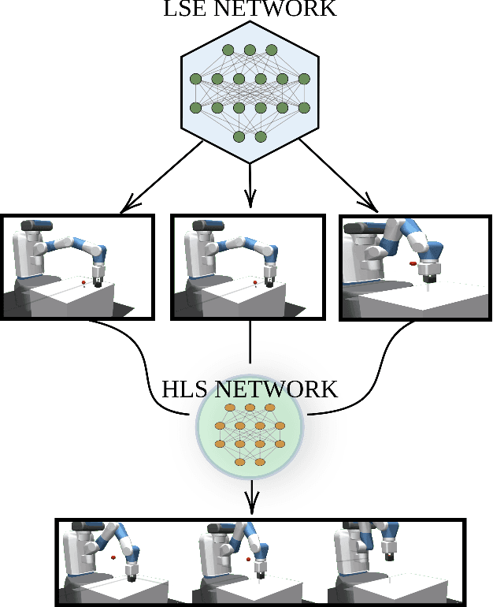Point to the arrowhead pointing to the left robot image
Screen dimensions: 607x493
tap(126, 208)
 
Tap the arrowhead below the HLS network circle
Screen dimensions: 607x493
tap(251, 505)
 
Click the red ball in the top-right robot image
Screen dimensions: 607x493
tap(412, 261)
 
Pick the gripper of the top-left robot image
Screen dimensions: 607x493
tap(98, 278)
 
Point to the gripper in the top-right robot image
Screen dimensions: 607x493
tap(428, 274)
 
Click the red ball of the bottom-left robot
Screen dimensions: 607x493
tap(113, 557)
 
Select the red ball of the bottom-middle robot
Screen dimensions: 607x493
tap(249, 559)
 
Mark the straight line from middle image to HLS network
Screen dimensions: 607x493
tap(250, 347)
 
